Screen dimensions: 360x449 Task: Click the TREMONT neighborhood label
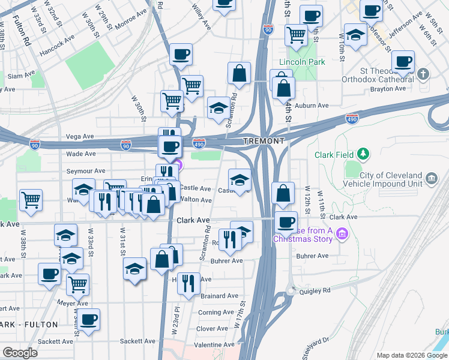(x=264, y=141)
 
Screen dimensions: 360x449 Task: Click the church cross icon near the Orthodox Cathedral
(x=424, y=74)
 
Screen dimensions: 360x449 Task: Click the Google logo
(x=20, y=352)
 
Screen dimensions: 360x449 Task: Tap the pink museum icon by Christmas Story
(x=342, y=233)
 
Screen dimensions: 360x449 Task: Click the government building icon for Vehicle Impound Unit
(x=431, y=178)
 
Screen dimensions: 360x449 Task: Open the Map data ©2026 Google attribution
(x=411, y=355)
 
